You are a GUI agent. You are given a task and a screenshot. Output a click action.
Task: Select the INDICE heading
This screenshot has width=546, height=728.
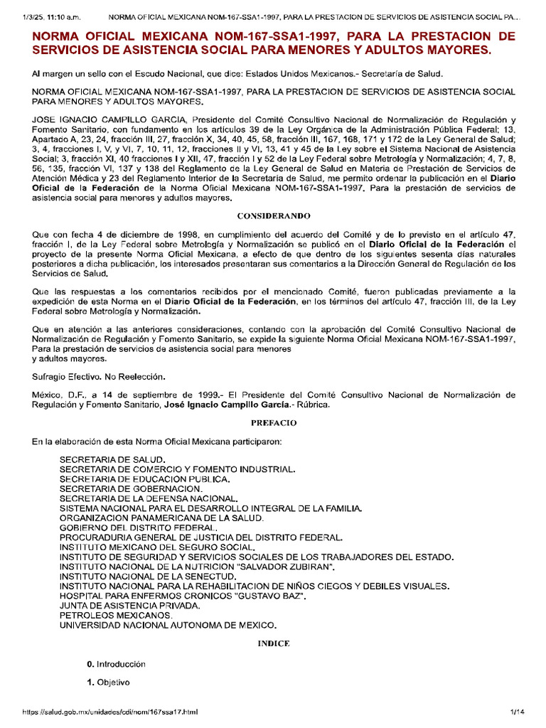coord(273,643)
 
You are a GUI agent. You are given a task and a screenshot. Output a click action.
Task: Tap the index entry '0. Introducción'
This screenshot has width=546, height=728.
coord(116,663)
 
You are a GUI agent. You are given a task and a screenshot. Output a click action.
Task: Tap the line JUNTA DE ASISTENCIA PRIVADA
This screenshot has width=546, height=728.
coord(130,605)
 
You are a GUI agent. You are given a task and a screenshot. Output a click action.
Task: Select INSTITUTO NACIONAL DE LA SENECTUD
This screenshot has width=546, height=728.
coord(148,576)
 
